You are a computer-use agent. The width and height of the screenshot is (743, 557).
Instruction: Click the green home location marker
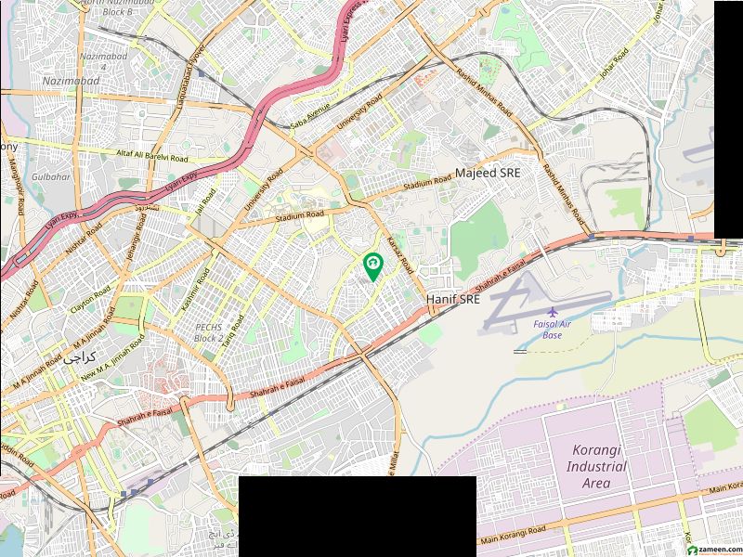click(372, 266)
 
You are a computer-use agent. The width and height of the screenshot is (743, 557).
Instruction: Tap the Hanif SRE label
click(452, 299)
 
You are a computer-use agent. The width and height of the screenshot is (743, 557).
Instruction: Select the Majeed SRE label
click(487, 174)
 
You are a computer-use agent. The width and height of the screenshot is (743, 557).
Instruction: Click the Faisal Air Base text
click(553, 329)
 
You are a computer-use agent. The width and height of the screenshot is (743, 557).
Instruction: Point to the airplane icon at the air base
click(554, 310)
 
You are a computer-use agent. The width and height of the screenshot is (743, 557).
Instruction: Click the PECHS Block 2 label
click(207, 333)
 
